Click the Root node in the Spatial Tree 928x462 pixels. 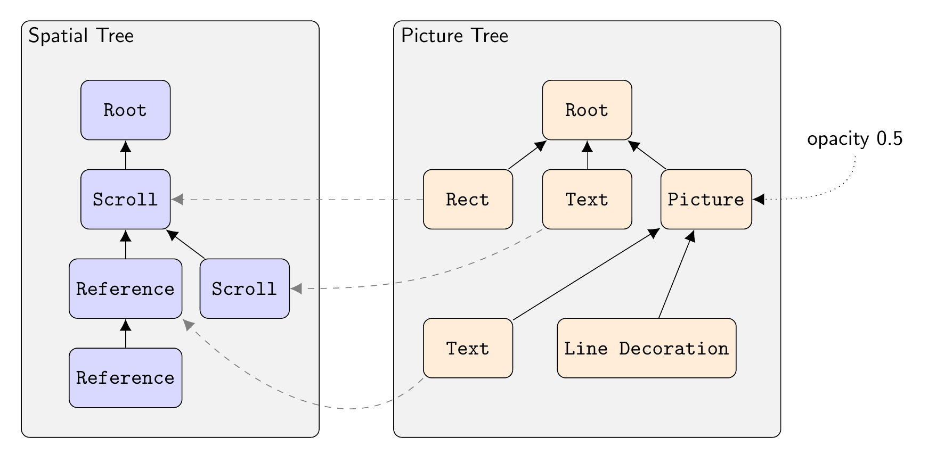tap(125, 110)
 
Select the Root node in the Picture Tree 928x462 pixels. tap(587, 110)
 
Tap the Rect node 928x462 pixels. tap(468, 200)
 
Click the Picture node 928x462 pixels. tap(706, 200)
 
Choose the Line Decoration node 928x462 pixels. tap(646, 348)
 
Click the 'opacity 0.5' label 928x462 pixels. tap(854, 139)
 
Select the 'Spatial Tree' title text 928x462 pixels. tap(81, 36)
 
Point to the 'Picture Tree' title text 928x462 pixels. tap(454, 36)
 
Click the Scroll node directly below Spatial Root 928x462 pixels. tap(125, 200)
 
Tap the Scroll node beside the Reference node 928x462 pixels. tap(245, 288)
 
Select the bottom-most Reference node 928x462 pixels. tap(125, 378)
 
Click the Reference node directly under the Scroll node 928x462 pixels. tap(125, 288)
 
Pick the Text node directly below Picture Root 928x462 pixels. tap(587, 200)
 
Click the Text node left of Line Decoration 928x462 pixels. tap(468, 348)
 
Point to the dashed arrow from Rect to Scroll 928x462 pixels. tap(298, 200)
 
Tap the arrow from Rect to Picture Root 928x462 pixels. tap(526, 155)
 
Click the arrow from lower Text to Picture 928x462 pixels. tap(586, 275)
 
